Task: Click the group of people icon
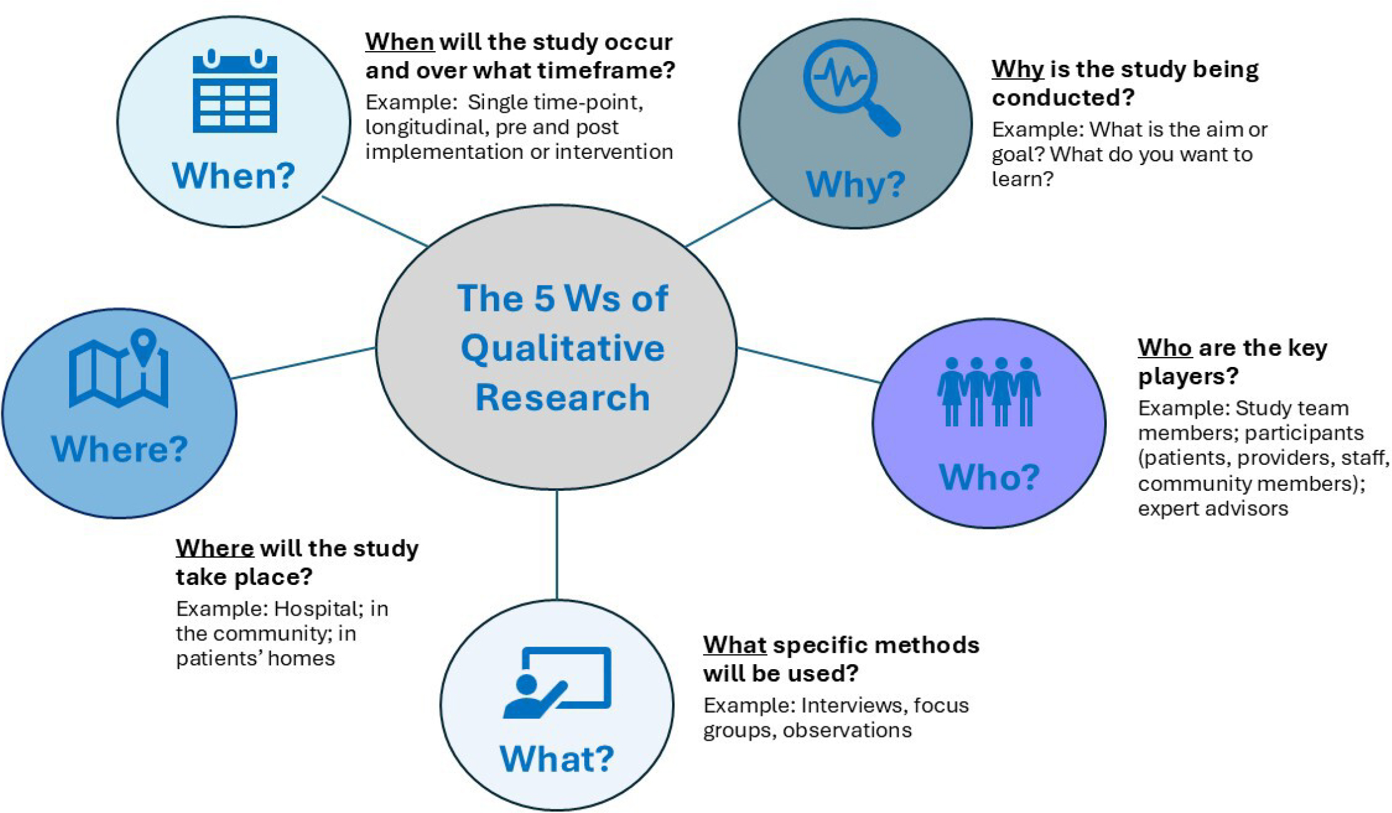pos(988,391)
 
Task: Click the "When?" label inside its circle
pos(234,176)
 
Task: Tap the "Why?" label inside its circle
pos(855,184)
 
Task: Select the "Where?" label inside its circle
pos(119,449)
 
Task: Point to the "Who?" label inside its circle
pos(989,477)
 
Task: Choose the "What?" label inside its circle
pos(557,759)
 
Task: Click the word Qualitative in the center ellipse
pos(562,348)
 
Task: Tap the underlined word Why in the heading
pos(1017,69)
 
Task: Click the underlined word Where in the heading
pos(214,548)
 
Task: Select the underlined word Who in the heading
pos(1164,348)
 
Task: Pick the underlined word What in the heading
pos(734,645)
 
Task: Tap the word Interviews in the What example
pos(851,705)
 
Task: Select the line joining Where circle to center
pos(304,363)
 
